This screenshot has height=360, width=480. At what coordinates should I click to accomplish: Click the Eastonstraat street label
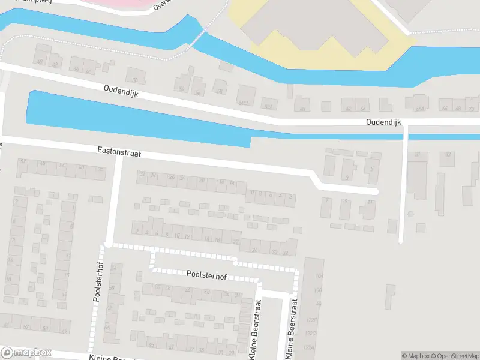pos(119,154)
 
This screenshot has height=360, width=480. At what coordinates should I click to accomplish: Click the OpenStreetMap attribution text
pos(451,355)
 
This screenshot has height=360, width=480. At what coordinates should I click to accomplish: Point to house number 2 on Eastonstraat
pos(291,196)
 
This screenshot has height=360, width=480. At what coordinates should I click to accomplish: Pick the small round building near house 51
pos(410,214)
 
